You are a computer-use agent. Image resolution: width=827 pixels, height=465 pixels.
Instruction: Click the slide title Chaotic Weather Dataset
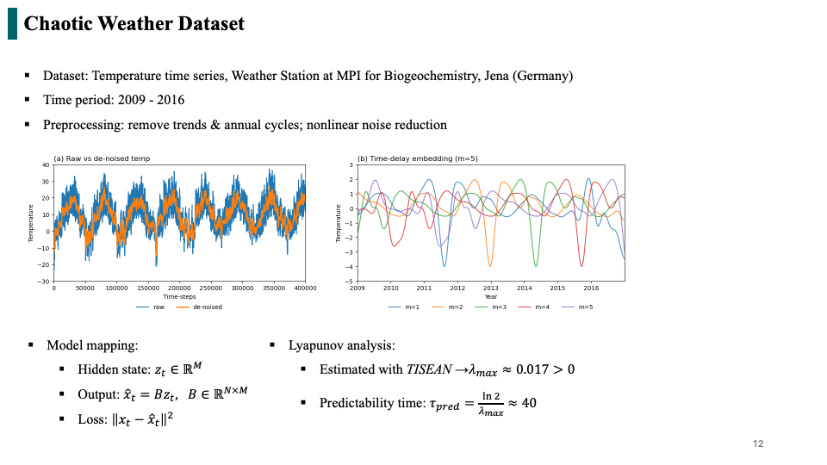pos(134,23)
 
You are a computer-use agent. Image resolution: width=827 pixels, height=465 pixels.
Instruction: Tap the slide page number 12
pos(758,444)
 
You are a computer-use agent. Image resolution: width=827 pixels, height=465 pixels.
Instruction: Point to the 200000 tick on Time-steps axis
pos(179,288)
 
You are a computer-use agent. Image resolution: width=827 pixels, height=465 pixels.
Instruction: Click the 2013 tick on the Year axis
pos(490,288)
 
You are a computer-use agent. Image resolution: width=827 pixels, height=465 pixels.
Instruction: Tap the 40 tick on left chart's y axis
pos(46,165)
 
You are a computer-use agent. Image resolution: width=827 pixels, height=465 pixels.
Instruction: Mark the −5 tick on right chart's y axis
pos(350,282)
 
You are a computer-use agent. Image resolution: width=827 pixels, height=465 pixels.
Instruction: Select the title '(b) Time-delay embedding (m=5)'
pos(405,158)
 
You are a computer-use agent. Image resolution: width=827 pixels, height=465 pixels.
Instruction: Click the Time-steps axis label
pos(179,297)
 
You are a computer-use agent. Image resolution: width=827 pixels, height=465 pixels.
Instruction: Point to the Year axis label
pos(490,297)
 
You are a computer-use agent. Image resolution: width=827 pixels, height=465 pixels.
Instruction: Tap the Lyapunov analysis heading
pos(342,345)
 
